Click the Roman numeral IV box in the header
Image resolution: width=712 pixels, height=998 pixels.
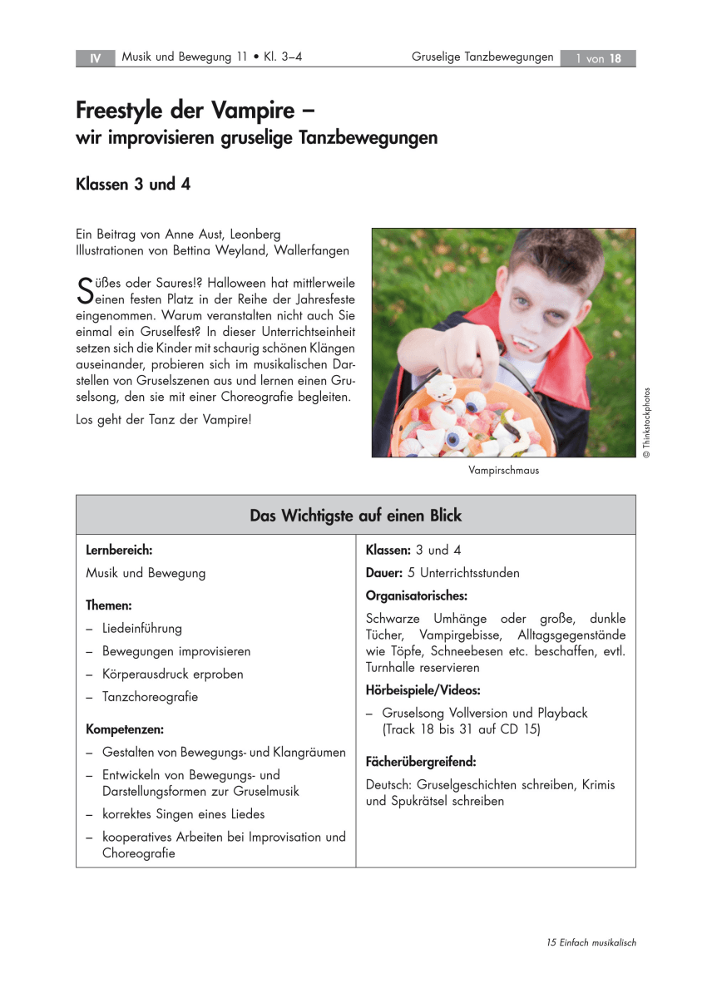point(96,58)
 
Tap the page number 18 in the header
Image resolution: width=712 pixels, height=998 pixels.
point(616,58)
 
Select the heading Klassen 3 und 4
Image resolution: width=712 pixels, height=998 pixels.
point(133,185)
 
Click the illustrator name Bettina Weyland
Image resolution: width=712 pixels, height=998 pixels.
point(215,250)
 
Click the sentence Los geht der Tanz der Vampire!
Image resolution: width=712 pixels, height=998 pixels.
point(163,420)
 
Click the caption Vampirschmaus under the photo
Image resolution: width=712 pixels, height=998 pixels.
point(503,471)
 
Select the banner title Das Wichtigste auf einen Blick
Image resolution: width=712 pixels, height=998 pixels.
point(355,516)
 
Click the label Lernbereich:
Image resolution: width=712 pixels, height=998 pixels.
point(119,550)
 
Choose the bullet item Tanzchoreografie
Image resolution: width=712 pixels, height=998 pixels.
point(150,697)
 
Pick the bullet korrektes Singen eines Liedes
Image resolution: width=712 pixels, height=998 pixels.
point(183,814)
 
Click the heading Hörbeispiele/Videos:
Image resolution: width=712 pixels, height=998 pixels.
point(423,690)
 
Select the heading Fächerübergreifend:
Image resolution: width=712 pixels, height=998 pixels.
point(421,761)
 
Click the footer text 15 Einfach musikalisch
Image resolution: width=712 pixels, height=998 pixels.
point(591,942)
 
